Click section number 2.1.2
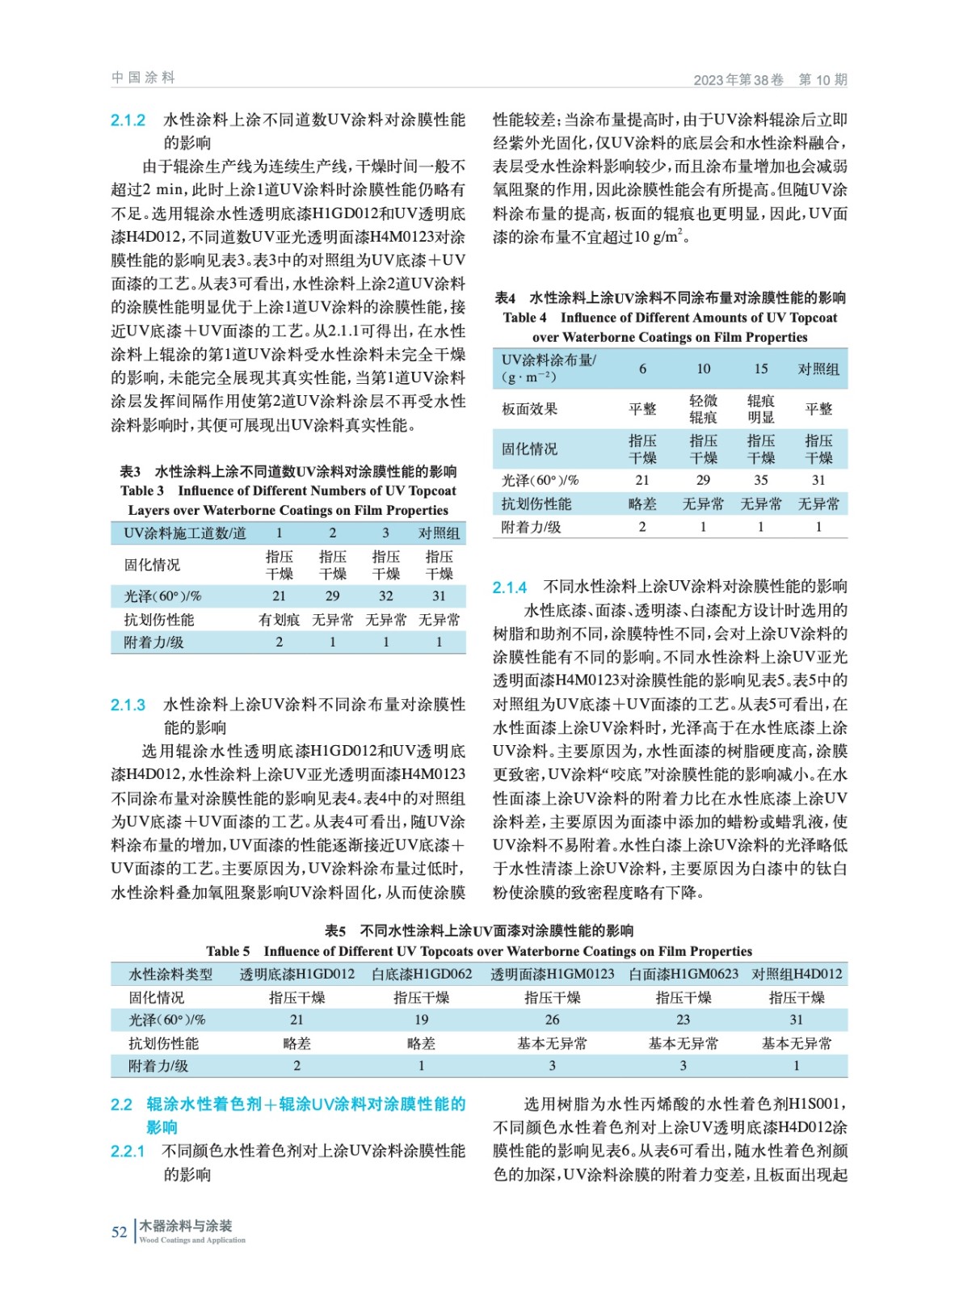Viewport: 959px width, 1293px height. [128, 120]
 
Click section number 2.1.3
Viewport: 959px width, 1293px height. [128, 705]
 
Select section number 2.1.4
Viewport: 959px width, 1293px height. [510, 588]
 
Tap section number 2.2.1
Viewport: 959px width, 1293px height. [128, 1151]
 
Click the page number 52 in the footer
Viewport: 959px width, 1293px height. [119, 1232]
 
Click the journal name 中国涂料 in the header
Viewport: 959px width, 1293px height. [143, 78]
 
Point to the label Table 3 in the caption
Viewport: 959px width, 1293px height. [142, 491]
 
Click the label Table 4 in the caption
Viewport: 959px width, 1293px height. [524, 318]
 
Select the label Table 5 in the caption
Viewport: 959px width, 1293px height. [228, 951]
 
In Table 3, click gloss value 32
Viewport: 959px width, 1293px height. [385, 596]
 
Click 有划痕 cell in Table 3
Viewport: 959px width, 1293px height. [279, 620]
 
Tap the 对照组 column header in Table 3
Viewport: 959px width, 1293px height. [439, 533]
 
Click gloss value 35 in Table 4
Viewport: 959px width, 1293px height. [760, 480]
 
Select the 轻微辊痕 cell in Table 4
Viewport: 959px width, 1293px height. [703, 409]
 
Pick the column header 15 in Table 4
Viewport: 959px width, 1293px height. [760, 369]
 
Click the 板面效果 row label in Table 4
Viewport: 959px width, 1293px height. [530, 409]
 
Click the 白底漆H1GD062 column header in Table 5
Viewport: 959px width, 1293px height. [421, 974]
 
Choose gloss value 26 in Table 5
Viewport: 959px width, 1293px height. [552, 1020]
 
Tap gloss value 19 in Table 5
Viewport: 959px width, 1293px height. [421, 1020]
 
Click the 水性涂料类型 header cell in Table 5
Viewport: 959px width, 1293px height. [170, 974]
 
